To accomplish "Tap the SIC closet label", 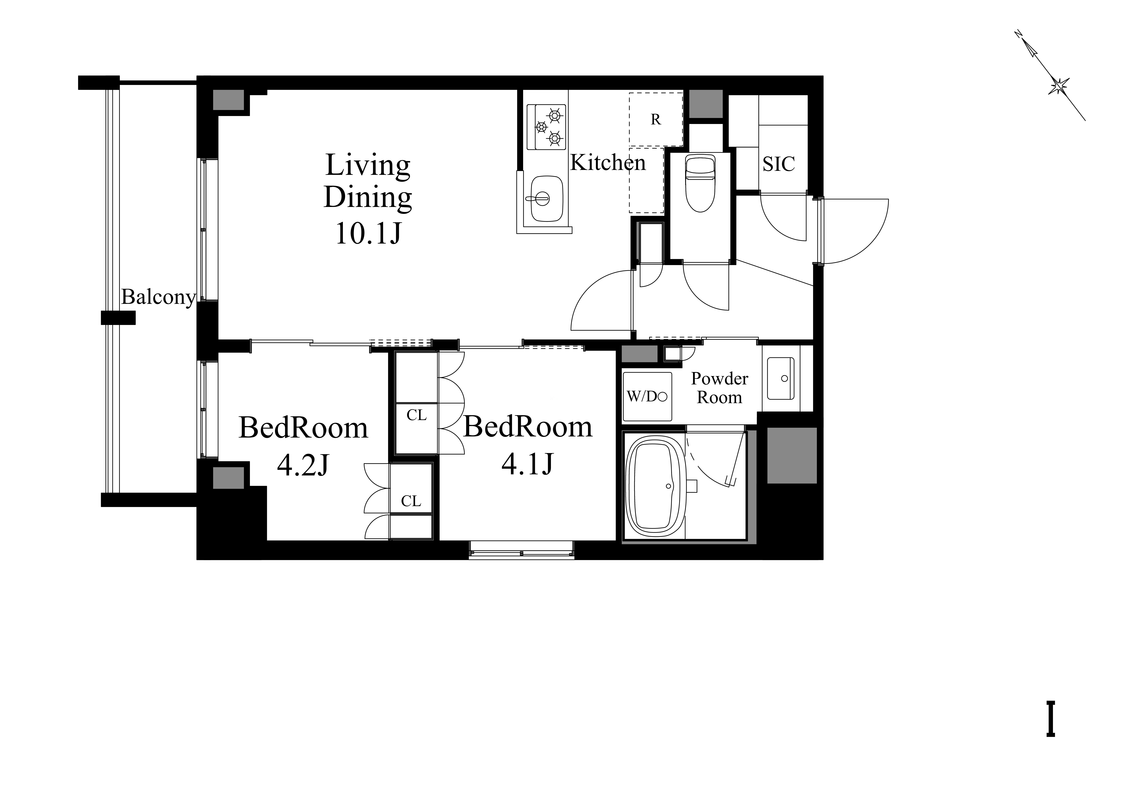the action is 778,164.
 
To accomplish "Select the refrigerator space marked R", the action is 656,119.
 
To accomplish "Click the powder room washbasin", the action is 780,378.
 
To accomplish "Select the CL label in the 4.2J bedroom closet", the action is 411,501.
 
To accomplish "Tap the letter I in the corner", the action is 1050,719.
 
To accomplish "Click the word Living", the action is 368,165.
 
